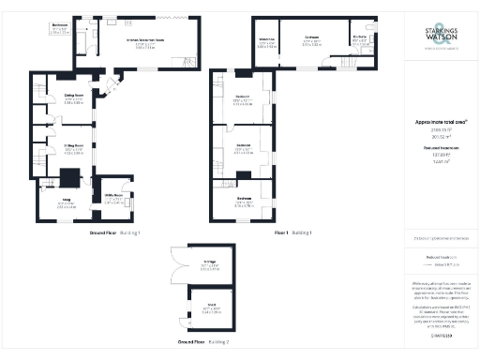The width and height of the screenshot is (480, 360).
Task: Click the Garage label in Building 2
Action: click(x=210, y=262)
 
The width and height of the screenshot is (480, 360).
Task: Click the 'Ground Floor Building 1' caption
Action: click(x=114, y=232)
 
